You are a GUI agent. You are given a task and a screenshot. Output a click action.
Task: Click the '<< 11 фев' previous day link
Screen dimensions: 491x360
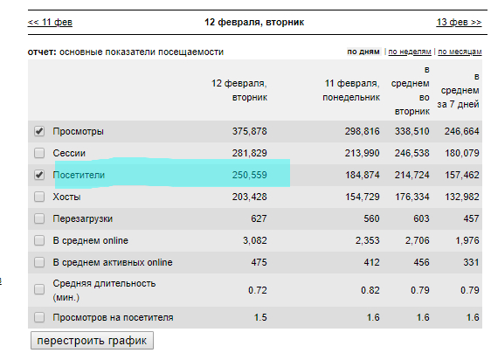point(50,22)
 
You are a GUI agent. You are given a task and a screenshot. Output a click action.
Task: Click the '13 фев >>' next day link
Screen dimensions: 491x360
point(459,22)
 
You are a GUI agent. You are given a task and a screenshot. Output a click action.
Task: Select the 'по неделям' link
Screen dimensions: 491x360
point(410,52)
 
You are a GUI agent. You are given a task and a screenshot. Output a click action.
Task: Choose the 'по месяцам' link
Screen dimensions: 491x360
point(460,52)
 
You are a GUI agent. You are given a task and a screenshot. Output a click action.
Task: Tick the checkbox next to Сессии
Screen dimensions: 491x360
point(39,153)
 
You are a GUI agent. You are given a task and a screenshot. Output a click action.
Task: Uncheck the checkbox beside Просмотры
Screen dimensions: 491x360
point(39,131)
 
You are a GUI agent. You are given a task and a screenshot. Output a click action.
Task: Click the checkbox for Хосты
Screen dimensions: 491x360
point(39,197)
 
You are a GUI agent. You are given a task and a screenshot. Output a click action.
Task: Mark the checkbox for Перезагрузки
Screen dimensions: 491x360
point(39,218)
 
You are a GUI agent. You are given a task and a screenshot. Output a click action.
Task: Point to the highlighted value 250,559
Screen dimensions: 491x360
point(250,175)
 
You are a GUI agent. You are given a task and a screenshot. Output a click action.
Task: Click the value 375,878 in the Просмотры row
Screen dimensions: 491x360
point(250,131)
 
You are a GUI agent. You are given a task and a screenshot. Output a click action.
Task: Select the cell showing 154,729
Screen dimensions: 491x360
point(363,197)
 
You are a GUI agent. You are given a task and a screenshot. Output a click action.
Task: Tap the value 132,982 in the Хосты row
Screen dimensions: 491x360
point(462,197)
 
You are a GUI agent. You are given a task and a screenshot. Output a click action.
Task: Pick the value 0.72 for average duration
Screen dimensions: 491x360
point(258,290)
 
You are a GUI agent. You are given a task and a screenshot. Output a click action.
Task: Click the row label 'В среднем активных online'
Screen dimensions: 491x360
point(113,262)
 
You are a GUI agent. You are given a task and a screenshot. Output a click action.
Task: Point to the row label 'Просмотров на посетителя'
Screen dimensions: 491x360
point(113,317)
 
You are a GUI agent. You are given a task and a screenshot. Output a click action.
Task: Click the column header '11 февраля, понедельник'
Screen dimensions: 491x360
point(351,90)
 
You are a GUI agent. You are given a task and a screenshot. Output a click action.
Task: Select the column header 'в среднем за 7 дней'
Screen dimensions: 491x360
point(459,90)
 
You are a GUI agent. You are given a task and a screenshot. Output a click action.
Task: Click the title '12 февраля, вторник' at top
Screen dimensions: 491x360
point(254,22)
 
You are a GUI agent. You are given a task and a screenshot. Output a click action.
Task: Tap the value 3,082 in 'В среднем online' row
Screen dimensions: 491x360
point(255,240)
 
